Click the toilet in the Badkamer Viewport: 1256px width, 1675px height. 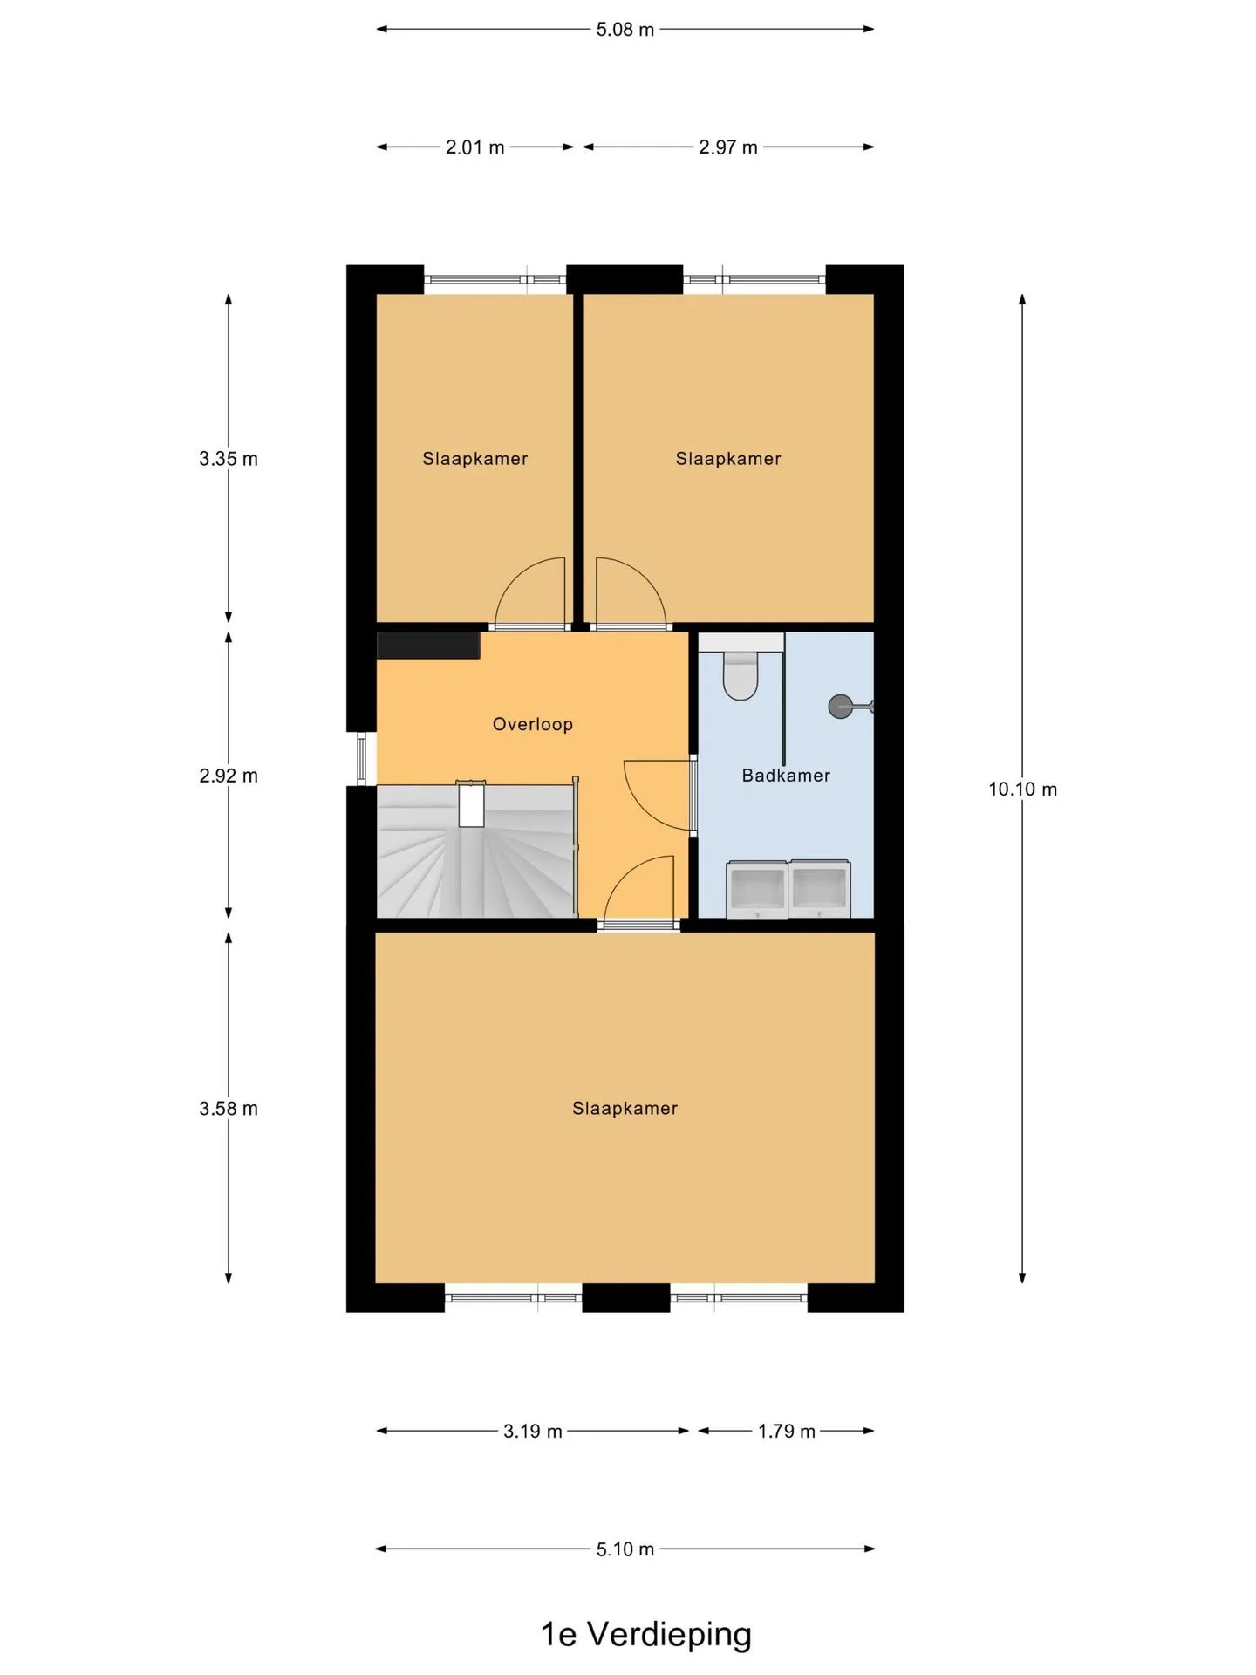click(x=741, y=675)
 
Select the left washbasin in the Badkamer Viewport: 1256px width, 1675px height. click(x=757, y=889)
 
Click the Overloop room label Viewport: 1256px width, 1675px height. click(x=532, y=724)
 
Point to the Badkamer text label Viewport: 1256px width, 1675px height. click(x=786, y=776)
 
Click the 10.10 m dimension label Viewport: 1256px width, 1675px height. click(x=1022, y=790)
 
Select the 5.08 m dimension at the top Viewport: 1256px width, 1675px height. click(x=625, y=30)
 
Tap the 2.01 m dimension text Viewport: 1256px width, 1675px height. click(x=475, y=147)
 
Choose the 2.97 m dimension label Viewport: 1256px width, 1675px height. click(x=728, y=147)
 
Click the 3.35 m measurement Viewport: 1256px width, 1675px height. click(x=229, y=459)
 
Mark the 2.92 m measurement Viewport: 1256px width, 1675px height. click(x=229, y=776)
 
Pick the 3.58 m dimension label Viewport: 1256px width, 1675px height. click(x=229, y=1109)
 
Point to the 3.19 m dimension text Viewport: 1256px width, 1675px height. click(x=533, y=1432)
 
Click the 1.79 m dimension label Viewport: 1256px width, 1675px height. click(x=787, y=1432)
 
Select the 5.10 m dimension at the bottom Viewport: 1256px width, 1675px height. click(x=625, y=1549)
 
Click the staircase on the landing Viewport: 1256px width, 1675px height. click(x=476, y=851)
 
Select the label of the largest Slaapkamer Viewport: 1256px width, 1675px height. click(x=625, y=1109)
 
